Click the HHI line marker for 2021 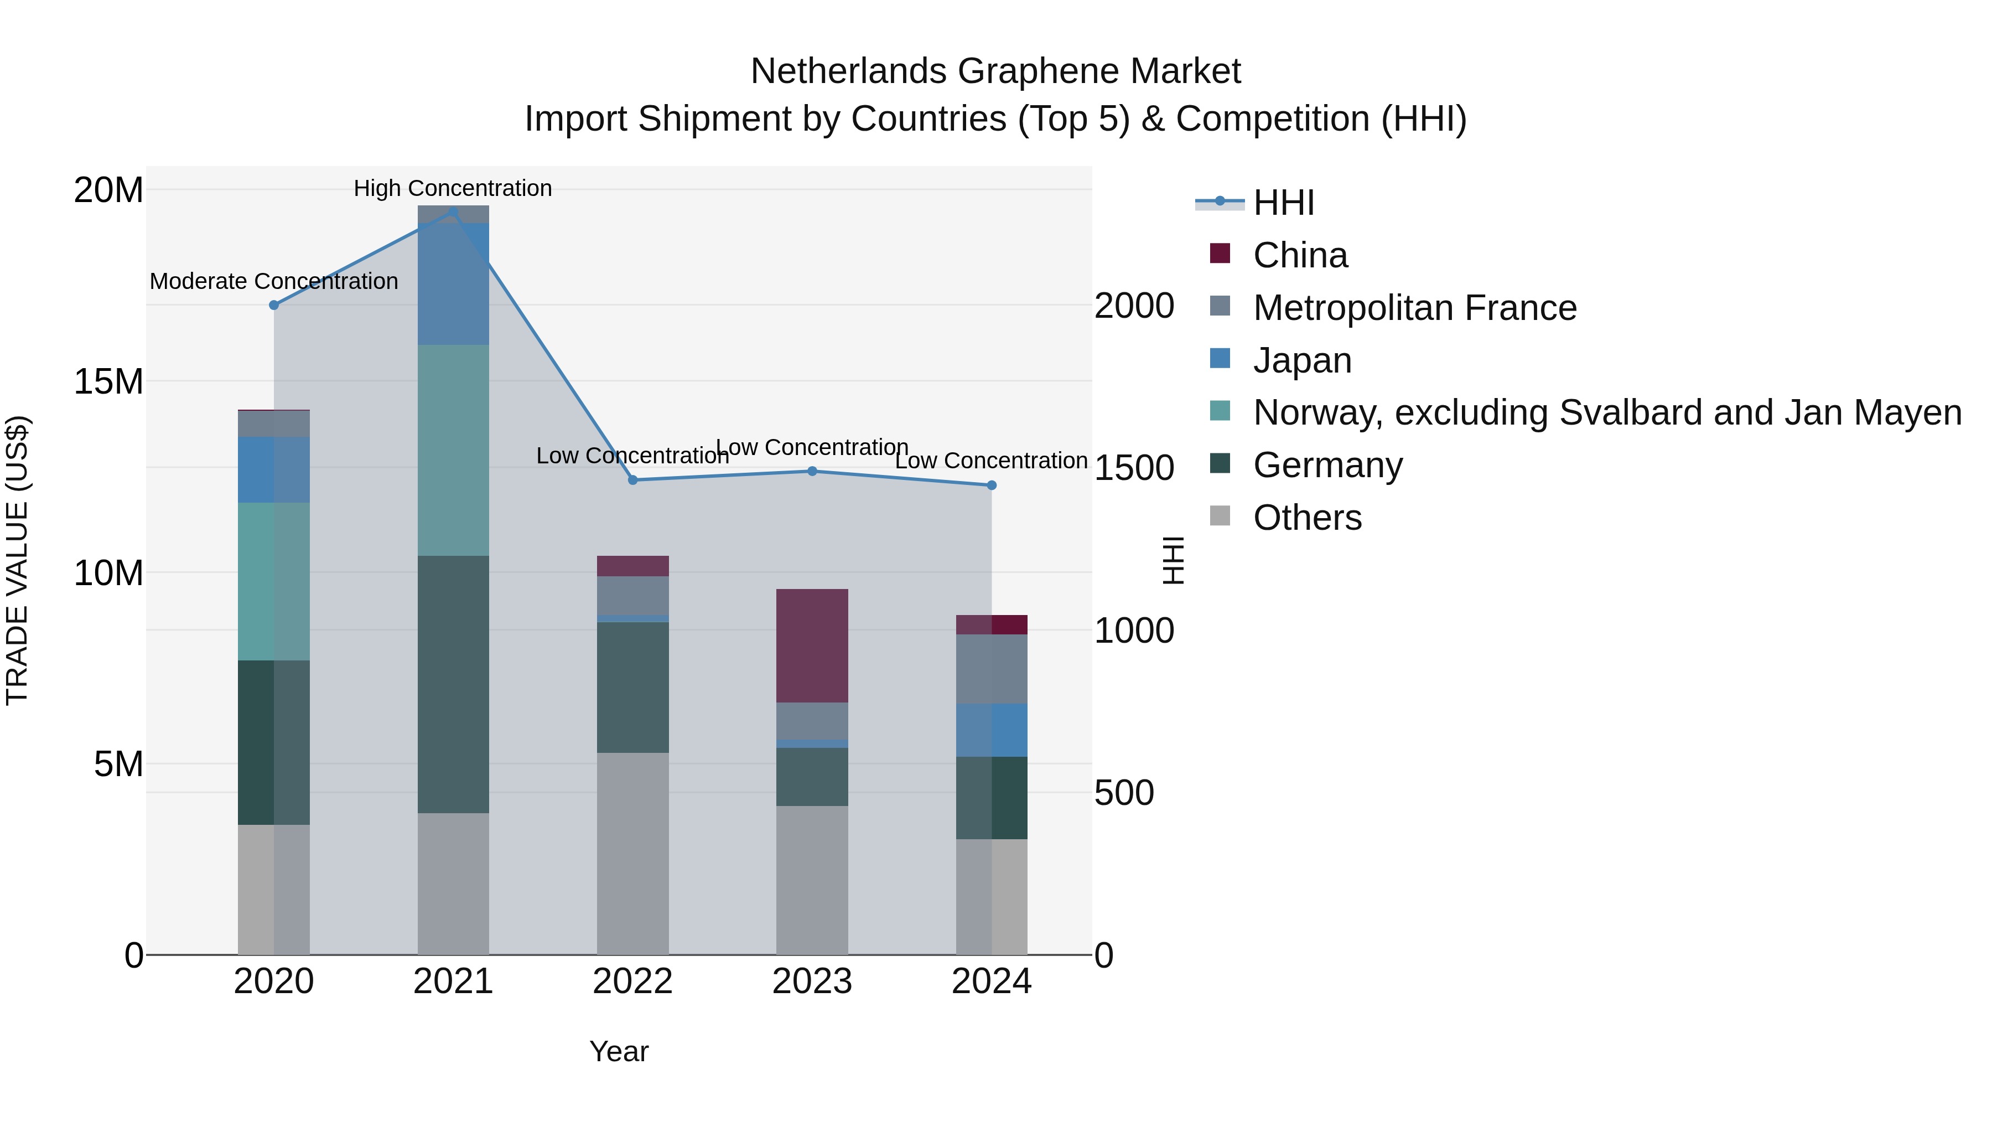(453, 211)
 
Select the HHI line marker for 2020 (274, 305)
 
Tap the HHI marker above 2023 (812, 471)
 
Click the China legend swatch (1220, 254)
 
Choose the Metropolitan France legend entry (1414, 308)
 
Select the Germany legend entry (1328, 465)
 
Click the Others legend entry (1307, 518)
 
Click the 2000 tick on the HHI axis (1134, 306)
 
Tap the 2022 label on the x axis (632, 981)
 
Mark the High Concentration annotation (453, 188)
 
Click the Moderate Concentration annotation (274, 281)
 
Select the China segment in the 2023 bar (812, 645)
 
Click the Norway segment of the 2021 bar (453, 450)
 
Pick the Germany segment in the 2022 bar (632, 687)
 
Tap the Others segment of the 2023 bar (812, 880)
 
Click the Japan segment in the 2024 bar (992, 730)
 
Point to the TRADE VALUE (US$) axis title (17, 560)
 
